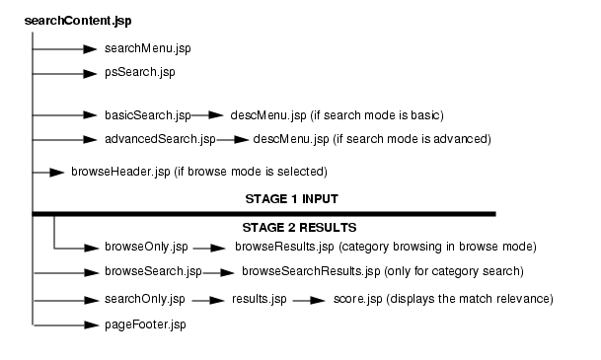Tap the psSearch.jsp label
(133, 72)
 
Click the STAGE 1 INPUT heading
(284, 198)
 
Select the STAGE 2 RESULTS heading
(284, 228)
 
